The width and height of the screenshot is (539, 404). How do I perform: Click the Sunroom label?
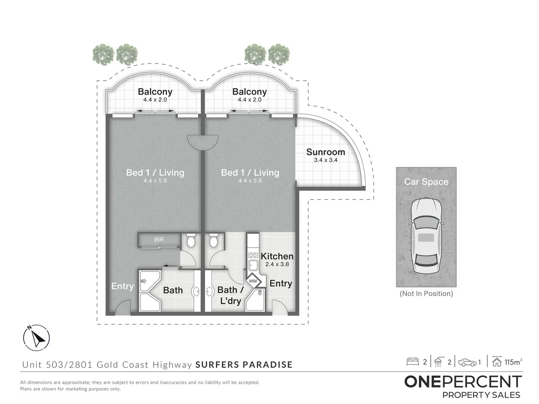(325, 152)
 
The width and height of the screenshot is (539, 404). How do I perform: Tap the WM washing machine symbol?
(253, 281)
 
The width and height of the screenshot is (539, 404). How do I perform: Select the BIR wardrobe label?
(159, 240)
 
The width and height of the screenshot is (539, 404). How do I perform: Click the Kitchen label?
(277, 256)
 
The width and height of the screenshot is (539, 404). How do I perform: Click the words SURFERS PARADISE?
(244, 364)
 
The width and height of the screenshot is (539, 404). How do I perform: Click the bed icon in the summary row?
(413, 362)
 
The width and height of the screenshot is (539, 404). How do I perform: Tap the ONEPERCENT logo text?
(463, 382)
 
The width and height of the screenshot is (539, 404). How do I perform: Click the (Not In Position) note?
(426, 294)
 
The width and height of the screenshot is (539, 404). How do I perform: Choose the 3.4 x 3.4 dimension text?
(325, 160)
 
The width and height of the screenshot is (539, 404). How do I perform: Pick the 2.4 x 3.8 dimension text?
(277, 264)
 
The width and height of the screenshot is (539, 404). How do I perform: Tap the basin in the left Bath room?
(196, 291)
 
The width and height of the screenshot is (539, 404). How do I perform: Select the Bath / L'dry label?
(230, 295)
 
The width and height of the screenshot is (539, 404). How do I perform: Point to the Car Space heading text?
(426, 182)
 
